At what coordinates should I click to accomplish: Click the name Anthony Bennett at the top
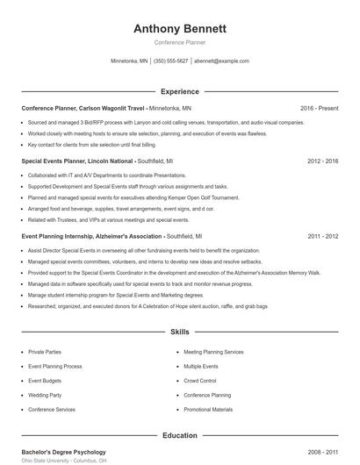pos(180,29)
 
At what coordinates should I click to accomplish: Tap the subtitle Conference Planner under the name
pos(180,42)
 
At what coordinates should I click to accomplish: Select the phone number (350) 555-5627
pos(171,61)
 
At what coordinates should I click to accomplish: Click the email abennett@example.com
pos(222,61)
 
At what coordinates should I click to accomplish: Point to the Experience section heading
pos(180,91)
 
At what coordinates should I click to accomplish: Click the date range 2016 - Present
pos(319,108)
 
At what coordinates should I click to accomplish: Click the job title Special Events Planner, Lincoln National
pos(80,161)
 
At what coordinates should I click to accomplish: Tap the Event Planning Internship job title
pos(92,236)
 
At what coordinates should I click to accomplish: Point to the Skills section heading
pos(180,333)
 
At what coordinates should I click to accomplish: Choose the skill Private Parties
pos(45,351)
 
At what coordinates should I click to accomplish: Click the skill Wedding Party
pos(45,395)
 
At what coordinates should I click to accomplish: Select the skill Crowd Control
pos(200,381)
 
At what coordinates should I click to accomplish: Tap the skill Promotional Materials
pos(208,410)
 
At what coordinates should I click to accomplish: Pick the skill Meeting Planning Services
pos(213,351)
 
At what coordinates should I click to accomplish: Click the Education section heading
pos(180,435)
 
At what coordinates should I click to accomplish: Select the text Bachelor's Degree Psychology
pos(63,452)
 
